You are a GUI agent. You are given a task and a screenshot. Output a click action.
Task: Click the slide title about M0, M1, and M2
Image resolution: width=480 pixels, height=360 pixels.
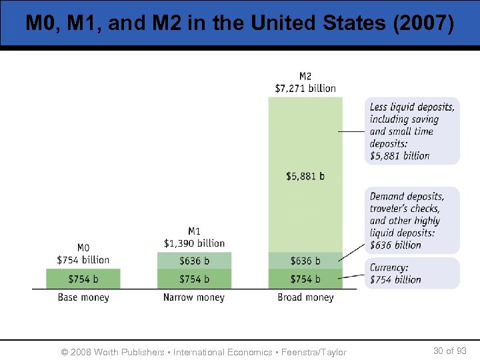[x=239, y=23]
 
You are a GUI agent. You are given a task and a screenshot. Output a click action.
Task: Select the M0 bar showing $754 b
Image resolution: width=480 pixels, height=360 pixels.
[x=83, y=279]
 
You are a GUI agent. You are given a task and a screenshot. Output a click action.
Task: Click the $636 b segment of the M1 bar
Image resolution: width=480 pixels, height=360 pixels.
[x=194, y=261]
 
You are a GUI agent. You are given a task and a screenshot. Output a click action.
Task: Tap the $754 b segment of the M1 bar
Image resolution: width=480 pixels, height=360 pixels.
[x=194, y=279]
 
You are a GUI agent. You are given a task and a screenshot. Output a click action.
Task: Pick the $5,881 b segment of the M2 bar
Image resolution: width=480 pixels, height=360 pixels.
[x=305, y=176]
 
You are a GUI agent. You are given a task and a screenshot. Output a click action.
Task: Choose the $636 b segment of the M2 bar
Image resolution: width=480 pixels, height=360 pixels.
[x=305, y=261]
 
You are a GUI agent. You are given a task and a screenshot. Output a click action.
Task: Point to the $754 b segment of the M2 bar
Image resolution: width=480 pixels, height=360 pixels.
[x=305, y=279]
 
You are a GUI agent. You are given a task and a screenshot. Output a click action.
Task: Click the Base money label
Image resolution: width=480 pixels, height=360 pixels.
[x=83, y=297]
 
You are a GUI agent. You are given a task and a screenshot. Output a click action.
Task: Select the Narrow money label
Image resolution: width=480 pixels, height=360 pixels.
[x=194, y=297]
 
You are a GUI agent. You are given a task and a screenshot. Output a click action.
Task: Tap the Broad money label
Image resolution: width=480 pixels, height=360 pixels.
[x=305, y=297]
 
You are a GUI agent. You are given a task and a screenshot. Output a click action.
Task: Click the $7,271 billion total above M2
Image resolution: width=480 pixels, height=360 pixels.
[x=305, y=88]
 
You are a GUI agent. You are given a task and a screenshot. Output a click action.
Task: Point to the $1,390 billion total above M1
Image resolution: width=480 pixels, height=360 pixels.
[x=194, y=243]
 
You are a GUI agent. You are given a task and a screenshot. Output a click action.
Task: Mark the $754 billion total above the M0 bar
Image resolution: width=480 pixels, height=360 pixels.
[x=83, y=259]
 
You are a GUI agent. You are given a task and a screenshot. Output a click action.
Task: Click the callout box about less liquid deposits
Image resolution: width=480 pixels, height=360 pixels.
[x=412, y=131]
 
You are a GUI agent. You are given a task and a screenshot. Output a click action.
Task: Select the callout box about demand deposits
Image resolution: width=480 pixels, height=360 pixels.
[x=412, y=221]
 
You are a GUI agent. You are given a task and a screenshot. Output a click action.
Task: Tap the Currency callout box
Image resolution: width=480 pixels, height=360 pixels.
[x=412, y=273]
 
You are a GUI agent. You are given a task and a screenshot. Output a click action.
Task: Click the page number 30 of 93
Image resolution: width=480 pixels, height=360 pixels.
[x=449, y=351]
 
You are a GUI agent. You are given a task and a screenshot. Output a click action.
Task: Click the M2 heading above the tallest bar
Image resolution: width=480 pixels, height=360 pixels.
[x=305, y=76]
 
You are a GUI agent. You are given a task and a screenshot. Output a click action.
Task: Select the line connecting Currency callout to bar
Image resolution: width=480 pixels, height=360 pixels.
[x=353, y=275]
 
